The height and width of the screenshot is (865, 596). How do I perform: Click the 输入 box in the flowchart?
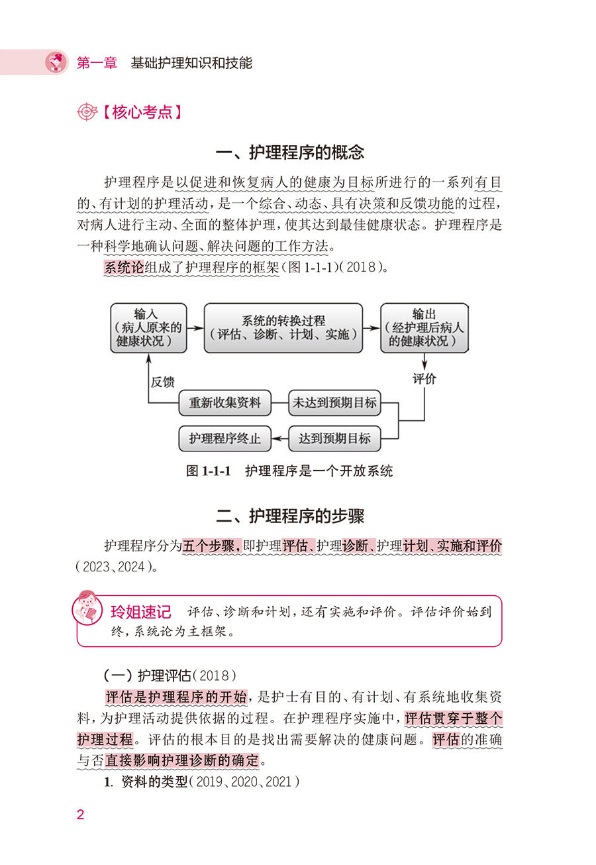(x=148, y=328)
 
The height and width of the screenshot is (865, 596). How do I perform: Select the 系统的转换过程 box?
(x=283, y=328)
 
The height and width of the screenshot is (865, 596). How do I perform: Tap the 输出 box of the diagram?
(x=424, y=328)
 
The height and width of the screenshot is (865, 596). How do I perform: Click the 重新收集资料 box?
(x=225, y=403)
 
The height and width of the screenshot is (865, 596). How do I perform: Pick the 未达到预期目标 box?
(x=334, y=403)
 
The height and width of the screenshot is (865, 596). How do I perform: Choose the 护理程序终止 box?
(x=225, y=439)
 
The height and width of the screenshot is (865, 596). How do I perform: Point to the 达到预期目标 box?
(x=334, y=439)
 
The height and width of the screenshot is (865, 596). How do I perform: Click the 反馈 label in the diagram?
(x=162, y=382)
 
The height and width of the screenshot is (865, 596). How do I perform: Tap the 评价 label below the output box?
(x=424, y=379)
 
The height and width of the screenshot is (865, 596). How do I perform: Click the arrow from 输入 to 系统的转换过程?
(x=195, y=328)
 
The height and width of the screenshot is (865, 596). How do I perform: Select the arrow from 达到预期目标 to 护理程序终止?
(x=279, y=439)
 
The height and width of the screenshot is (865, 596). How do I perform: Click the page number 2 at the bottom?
(x=80, y=815)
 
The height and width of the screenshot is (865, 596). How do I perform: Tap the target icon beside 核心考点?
(x=87, y=112)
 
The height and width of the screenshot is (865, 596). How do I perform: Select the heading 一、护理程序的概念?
(x=290, y=152)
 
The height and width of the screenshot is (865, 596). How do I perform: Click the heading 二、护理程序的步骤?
(x=290, y=516)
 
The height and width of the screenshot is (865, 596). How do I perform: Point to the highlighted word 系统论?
(x=124, y=267)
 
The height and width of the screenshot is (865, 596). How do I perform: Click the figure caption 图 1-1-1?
(x=209, y=471)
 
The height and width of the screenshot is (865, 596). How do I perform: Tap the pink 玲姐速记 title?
(x=141, y=612)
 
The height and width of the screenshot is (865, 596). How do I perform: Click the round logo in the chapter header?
(x=56, y=62)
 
